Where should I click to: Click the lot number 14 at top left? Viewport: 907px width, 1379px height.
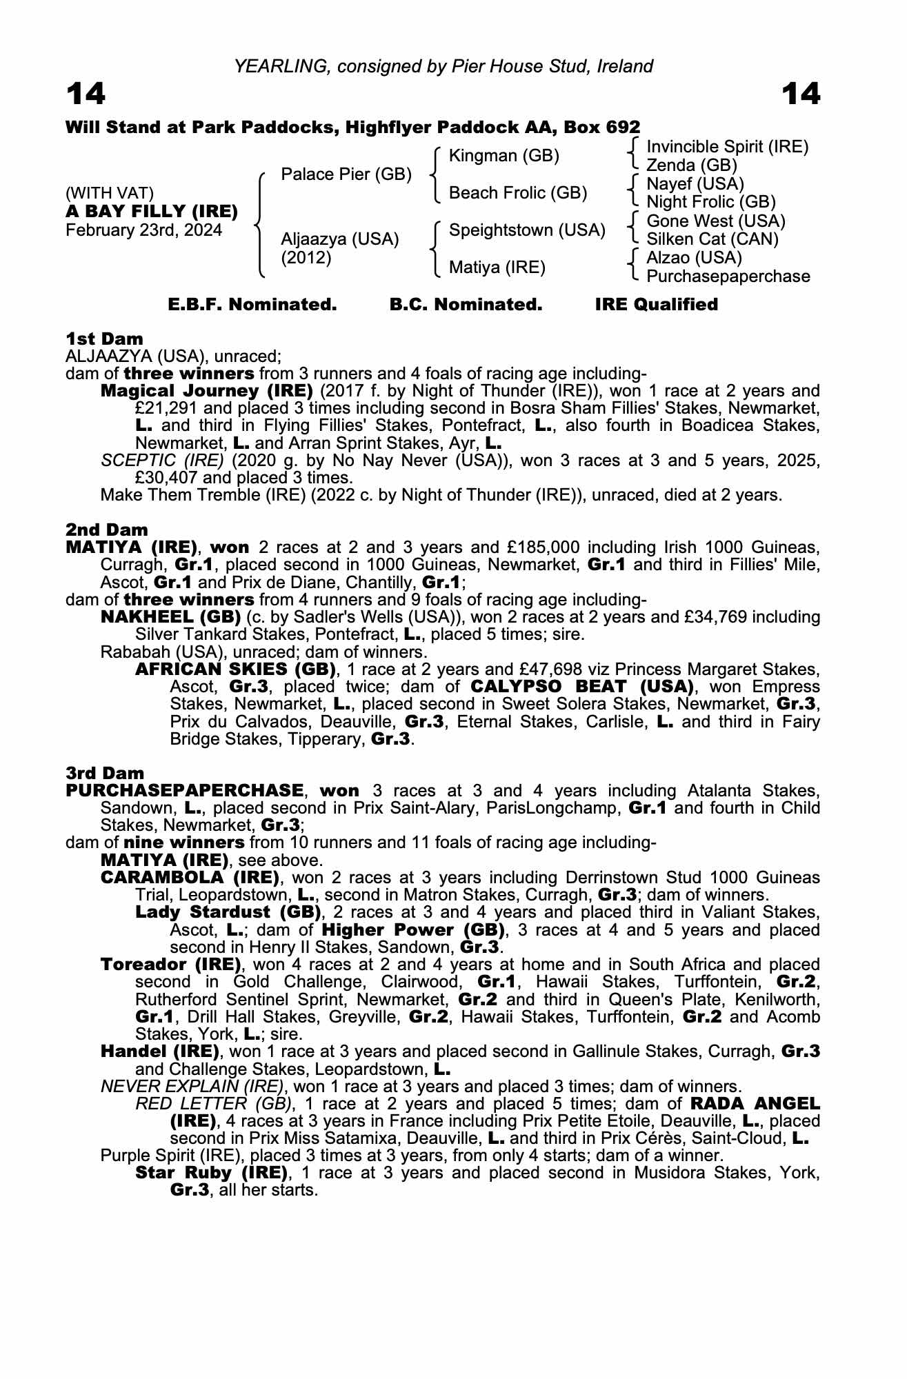(86, 94)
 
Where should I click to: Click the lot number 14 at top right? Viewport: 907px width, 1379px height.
(801, 94)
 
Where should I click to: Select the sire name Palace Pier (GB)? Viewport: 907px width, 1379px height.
(346, 174)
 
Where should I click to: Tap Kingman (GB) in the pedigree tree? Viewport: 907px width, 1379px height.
(504, 156)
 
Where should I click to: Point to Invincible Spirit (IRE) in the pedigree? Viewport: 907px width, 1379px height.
(727, 147)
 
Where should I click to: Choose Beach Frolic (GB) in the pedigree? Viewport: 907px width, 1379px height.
(517, 193)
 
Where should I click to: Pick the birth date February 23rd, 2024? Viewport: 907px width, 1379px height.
(143, 230)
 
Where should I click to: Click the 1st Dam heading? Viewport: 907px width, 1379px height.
(104, 339)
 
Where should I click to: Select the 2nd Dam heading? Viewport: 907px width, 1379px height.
(107, 530)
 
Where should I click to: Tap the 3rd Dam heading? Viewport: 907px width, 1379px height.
(105, 773)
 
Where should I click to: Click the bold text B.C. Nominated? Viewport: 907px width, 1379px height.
(466, 305)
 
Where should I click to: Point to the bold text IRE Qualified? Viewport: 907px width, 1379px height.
(656, 305)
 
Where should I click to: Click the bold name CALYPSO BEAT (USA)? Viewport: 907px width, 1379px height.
(582, 687)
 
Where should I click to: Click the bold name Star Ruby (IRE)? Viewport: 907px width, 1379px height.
(211, 1173)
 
